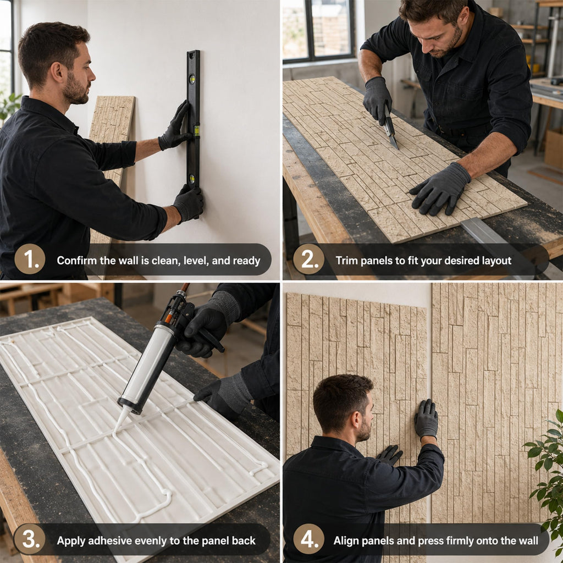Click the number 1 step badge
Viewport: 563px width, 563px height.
[x=30, y=259]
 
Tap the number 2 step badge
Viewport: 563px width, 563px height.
[x=308, y=259]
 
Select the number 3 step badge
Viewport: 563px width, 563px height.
[x=29, y=539]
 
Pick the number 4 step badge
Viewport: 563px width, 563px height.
[x=308, y=539]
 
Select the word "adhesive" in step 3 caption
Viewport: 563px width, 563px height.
[x=110, y=540]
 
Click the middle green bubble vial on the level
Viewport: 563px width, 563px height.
[x=196, y=130]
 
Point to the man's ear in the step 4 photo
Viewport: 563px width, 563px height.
[x=355, y=420]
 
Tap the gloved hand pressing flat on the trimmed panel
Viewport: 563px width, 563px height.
[x=440, y=190]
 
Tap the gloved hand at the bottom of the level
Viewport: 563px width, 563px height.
[x=189, y=203]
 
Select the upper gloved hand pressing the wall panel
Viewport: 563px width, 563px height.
[x=426, y=419]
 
